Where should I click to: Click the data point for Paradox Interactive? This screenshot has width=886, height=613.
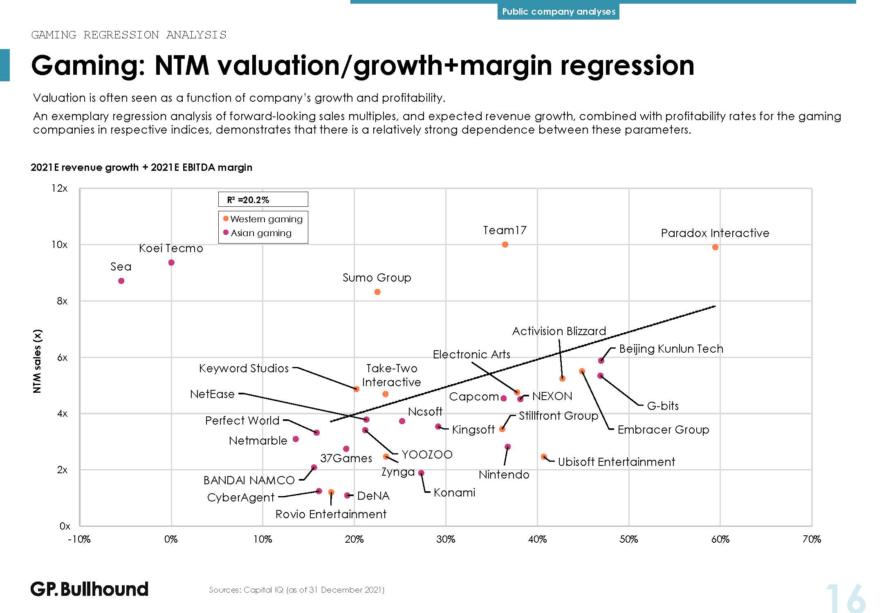(715, 247)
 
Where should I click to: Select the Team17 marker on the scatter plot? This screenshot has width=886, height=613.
(505, 244)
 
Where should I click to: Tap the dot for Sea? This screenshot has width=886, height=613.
(121, 281)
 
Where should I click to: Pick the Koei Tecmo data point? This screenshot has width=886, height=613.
(171, 262)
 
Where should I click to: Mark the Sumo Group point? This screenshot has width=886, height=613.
(377, 292)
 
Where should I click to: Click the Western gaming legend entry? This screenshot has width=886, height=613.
(263, 219)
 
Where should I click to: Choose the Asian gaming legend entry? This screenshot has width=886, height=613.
(258, 233)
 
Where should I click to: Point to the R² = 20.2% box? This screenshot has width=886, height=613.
(263, 199)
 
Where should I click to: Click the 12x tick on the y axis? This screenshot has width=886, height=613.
(59, 188)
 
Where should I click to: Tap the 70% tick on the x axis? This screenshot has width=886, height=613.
(812, 539)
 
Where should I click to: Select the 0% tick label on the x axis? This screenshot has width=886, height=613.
(171, 539)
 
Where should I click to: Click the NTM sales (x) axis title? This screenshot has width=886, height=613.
(37, 361)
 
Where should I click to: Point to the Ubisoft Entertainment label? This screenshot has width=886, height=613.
(616, 462)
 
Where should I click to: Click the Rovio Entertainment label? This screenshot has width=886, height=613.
(331, 514)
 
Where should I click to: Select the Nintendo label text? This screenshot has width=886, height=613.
(504, 474)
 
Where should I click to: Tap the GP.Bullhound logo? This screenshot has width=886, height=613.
(89, 589)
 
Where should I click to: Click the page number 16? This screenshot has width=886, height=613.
(845, 599)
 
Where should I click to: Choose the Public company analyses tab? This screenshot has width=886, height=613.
(558, 11)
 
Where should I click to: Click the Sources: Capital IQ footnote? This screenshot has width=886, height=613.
(296, 590)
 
